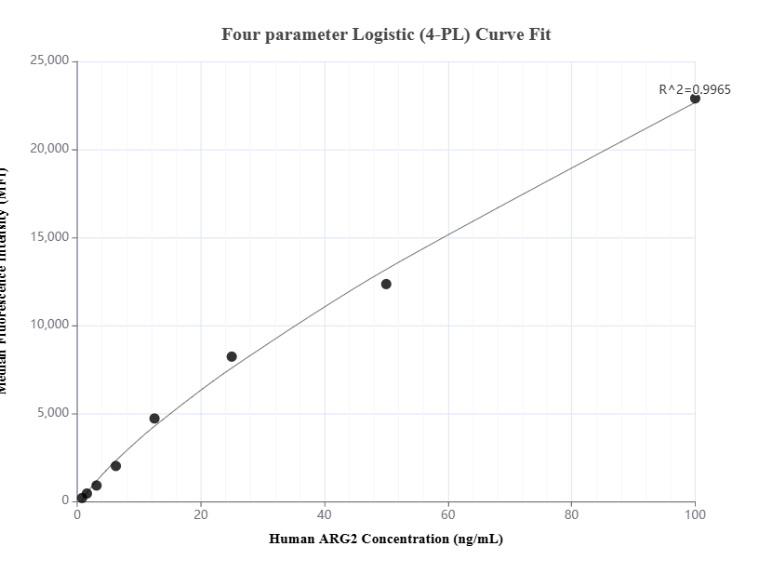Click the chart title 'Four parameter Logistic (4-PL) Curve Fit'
386,34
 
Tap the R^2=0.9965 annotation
694,89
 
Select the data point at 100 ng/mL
695,99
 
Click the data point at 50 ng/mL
386,284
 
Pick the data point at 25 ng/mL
232,356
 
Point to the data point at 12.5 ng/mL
154,419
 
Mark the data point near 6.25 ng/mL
115,466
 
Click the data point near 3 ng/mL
96,486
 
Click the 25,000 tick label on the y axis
47,61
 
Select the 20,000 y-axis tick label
47,149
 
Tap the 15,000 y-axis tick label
47,237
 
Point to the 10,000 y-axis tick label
47,325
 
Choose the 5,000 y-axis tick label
51,413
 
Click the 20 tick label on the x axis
201,513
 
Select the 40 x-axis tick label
325,513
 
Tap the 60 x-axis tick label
447,513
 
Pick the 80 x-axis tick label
571,513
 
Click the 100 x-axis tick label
695,513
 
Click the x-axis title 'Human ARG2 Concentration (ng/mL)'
386,539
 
